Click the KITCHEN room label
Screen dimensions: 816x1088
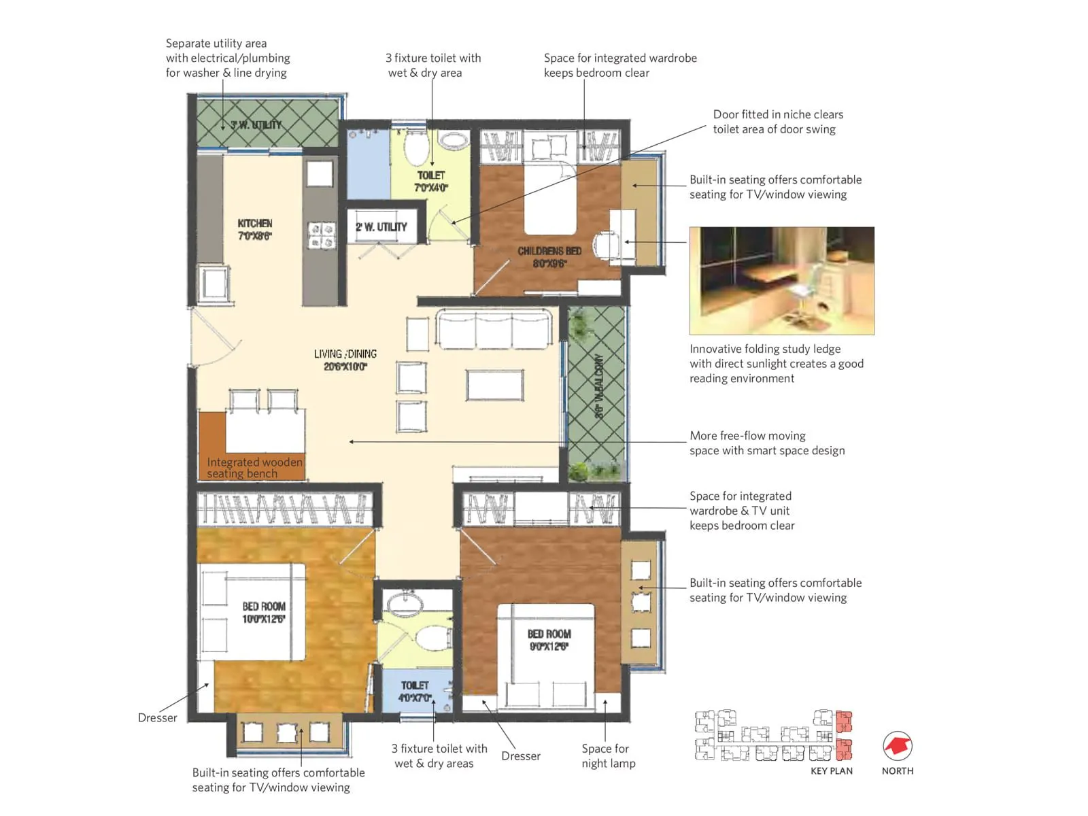pos(255,229)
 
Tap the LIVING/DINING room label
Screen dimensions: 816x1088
pos(345,360)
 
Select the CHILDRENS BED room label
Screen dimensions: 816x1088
pos(549,257)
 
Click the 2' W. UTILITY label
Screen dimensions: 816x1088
pos(381,227)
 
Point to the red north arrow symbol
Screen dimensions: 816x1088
pos(898,747)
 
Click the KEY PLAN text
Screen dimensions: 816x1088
pos(831,771)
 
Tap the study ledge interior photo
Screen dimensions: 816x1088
pos(781,280)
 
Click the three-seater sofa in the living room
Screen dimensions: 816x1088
pos(494,330)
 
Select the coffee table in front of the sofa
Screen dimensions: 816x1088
pos(495,385)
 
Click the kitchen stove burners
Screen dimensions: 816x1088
pos(322,235)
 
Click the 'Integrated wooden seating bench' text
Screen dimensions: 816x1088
pos(254,468)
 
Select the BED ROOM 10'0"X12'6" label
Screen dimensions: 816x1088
pos(264,612)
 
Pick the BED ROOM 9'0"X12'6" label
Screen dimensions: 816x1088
pos(549,640)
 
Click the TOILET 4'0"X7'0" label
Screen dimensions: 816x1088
pos(415,692)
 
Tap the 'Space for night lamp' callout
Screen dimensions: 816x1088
pos(608,755)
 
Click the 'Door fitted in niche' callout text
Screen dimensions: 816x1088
pos(777,122)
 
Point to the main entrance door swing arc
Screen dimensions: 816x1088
pos(216,340)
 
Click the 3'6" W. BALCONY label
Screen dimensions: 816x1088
pos(598,386)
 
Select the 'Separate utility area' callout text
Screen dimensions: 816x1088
pos(227,58)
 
